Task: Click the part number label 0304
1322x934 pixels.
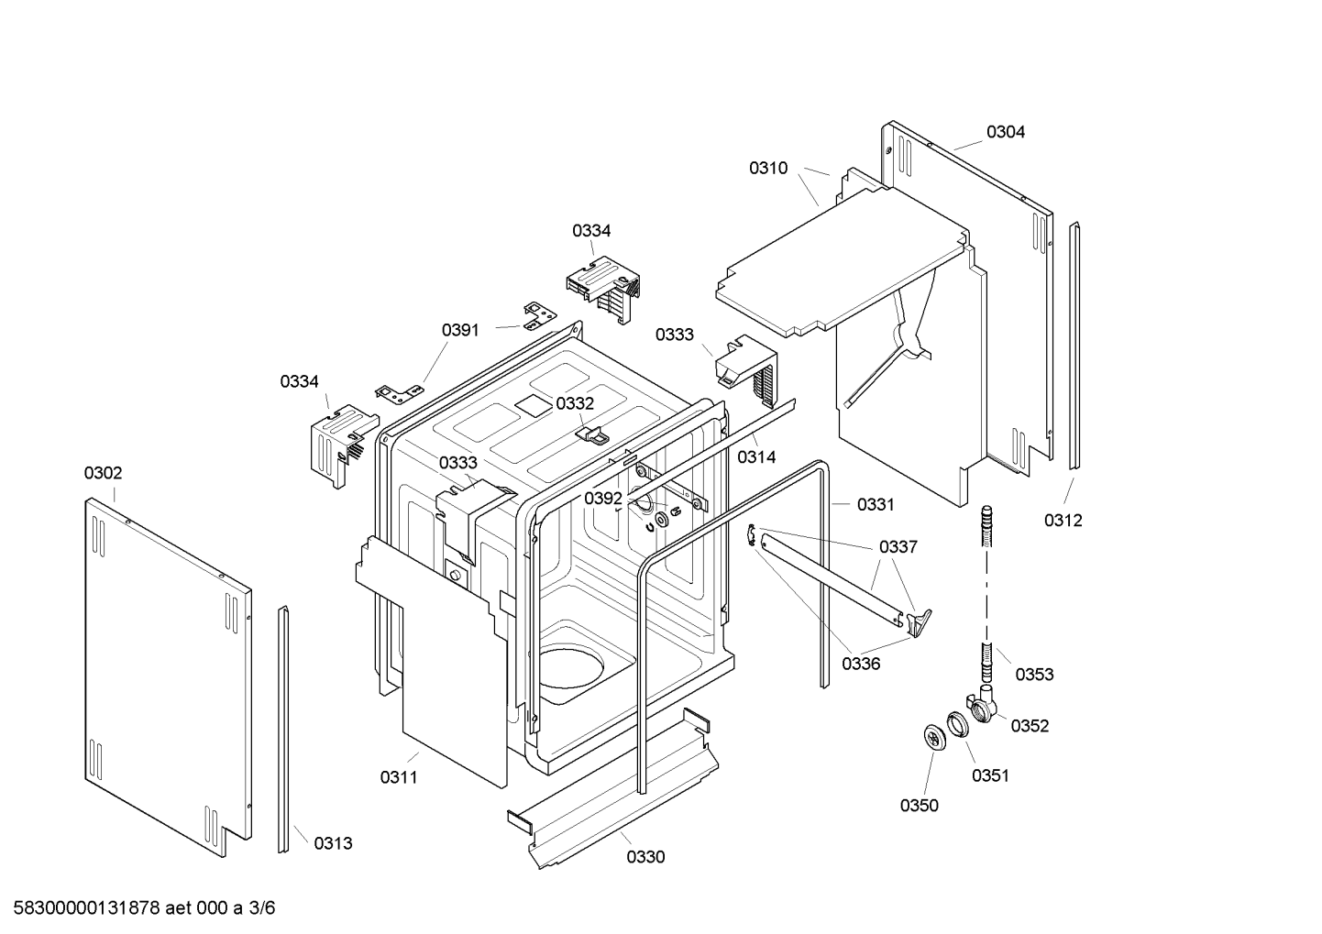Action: pos(1006,132)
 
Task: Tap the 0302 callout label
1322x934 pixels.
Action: pos(104,473)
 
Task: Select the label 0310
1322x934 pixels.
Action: pos(768,168)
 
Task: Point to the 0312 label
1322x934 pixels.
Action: pos(1063,521)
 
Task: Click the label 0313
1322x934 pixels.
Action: pos(333,844)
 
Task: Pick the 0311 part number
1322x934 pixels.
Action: pos(399,777)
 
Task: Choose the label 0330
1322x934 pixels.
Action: pos(645,857)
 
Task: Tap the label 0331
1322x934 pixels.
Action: pos(876,504)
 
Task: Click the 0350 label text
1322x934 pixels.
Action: pos(919,806)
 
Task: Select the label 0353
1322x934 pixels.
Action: pos(1034,674)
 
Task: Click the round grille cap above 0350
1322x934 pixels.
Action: pos(933,738)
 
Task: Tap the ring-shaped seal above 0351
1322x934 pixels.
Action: pos(958,725)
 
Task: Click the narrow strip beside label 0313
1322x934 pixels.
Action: pos(284,729)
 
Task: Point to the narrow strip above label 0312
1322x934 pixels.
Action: pos(1074,346)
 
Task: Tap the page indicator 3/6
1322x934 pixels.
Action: pos(262,908)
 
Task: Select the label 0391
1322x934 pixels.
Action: pos(460,330)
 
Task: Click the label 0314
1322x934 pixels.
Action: pos(756,456)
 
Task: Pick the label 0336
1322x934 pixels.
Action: pos(861,664)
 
